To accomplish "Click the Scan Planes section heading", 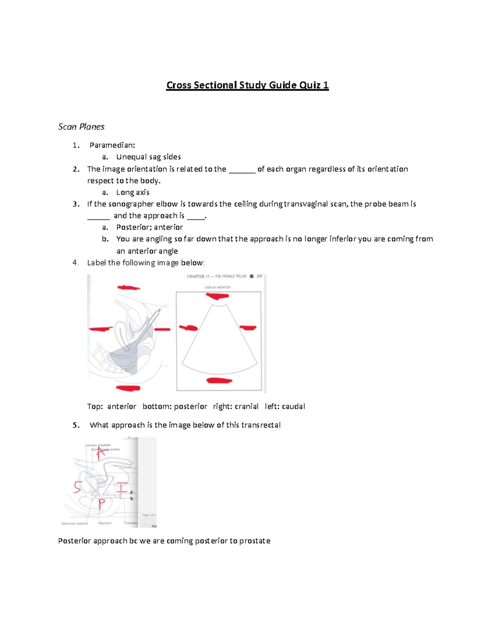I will [x=81, y=127].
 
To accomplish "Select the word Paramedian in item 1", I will [x=111, y=145].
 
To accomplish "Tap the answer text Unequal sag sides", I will [x=148, y=157].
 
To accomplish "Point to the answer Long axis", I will [x=133, y=192].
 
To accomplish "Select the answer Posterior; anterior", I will [x=149, y=227].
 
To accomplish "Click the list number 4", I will [x=75, y=263].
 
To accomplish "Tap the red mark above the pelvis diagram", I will [x=129, y=288].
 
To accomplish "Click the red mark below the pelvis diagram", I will [x=128, y=388].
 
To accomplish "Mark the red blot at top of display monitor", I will [x=217, y=296].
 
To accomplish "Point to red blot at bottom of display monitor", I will [x=219, y=380].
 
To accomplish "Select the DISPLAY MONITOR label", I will [x=217, y=288].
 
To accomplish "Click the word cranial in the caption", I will [x=247, y=407].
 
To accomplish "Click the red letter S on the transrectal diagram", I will [x=77, y=487].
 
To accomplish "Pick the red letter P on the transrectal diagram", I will [x=101, y=504].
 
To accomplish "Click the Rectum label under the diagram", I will [x=105, y=523].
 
